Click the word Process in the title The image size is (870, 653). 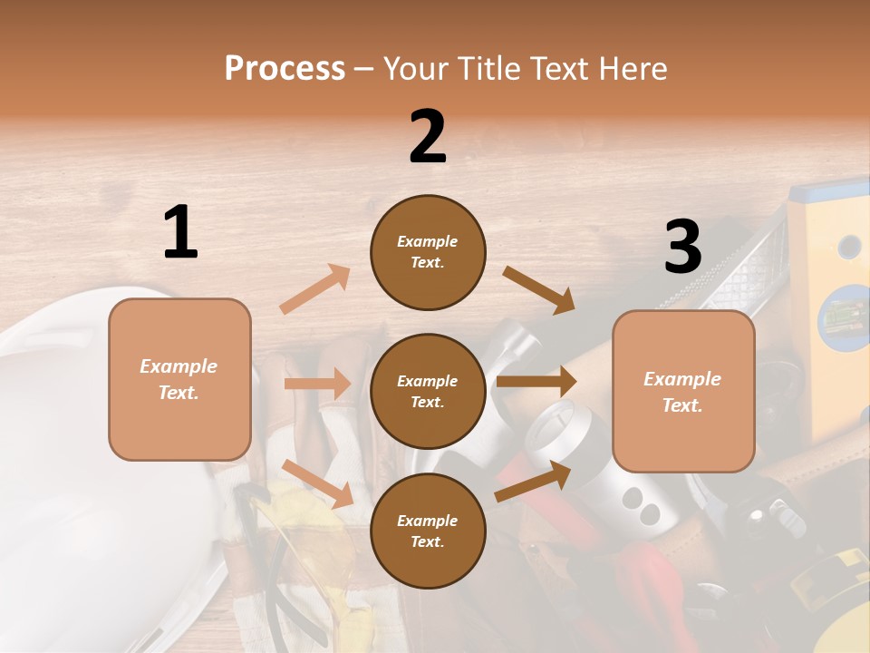click(x=285, y=69)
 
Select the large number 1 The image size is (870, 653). click(x=180, y=233)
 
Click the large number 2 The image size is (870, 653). click(x=428, y=136)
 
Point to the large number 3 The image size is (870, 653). click(x=682, y=247)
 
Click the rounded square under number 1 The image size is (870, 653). click(x=179, y=379)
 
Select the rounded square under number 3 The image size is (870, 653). click(x=683, y=391)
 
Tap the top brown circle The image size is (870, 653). click(x=428, y=252)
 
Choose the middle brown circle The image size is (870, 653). click(x=428, y=391)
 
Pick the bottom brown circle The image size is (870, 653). click(x=428, y=531)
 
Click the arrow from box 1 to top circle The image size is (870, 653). click(x=315, y=288)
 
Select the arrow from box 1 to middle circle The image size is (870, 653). click(x=317, y=384)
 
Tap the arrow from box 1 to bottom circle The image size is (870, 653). click(x=317, y=482)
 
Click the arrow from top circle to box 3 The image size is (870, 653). click(x=539, y=289)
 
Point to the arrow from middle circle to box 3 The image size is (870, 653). click(x=536, y=382)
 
